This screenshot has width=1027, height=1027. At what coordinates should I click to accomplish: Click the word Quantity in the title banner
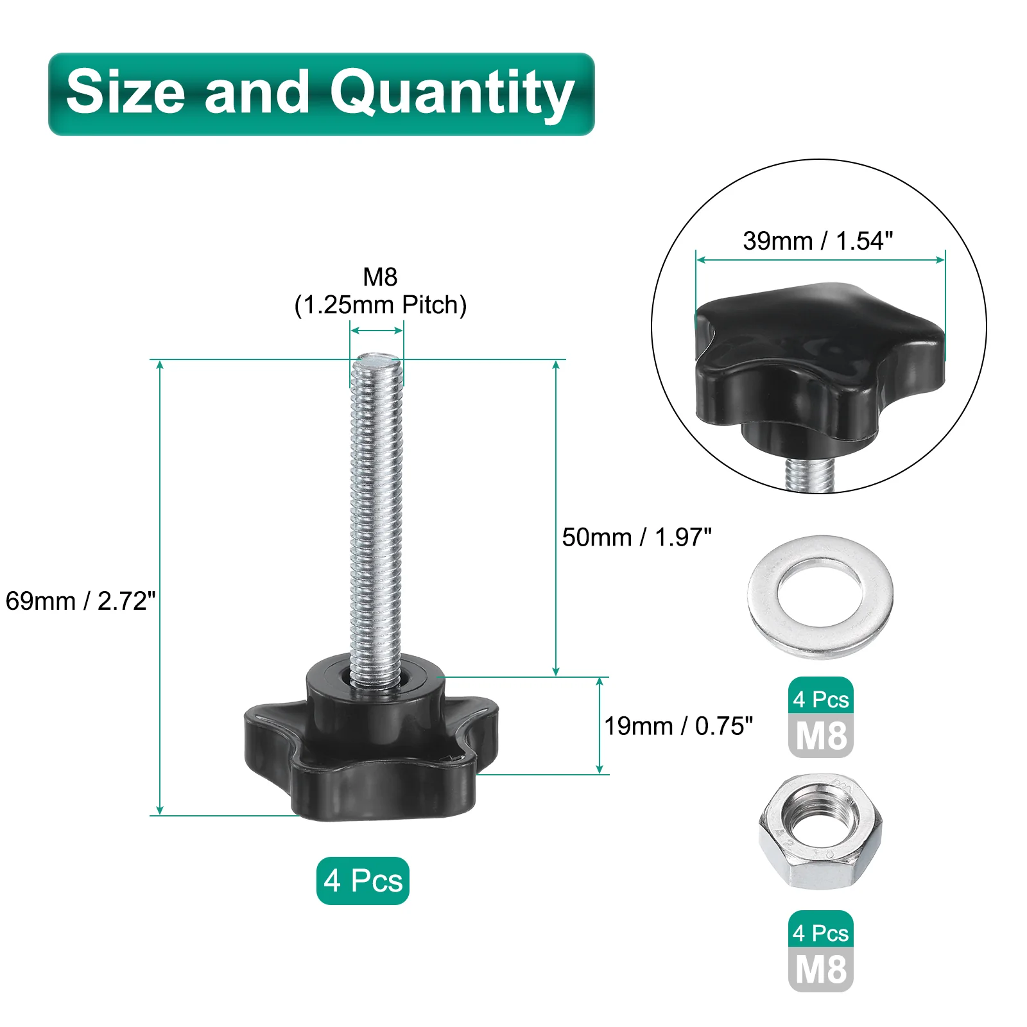[452, 94]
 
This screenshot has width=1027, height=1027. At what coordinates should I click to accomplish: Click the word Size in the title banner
[126, 92]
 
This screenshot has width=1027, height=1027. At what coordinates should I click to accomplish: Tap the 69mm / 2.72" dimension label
[80, 601]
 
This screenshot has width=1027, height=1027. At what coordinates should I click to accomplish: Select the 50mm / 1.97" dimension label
[637, 537]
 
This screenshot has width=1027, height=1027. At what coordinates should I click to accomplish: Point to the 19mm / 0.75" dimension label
[678, 726]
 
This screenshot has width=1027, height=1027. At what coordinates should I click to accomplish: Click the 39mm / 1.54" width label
[818, 241]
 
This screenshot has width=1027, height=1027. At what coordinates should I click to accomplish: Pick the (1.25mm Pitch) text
[380, 305]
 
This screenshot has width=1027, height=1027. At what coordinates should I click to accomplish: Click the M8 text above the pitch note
[380, 277]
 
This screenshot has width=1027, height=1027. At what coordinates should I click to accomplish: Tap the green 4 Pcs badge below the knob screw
[363, 881]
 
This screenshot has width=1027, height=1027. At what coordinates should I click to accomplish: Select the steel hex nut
[820, 832]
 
